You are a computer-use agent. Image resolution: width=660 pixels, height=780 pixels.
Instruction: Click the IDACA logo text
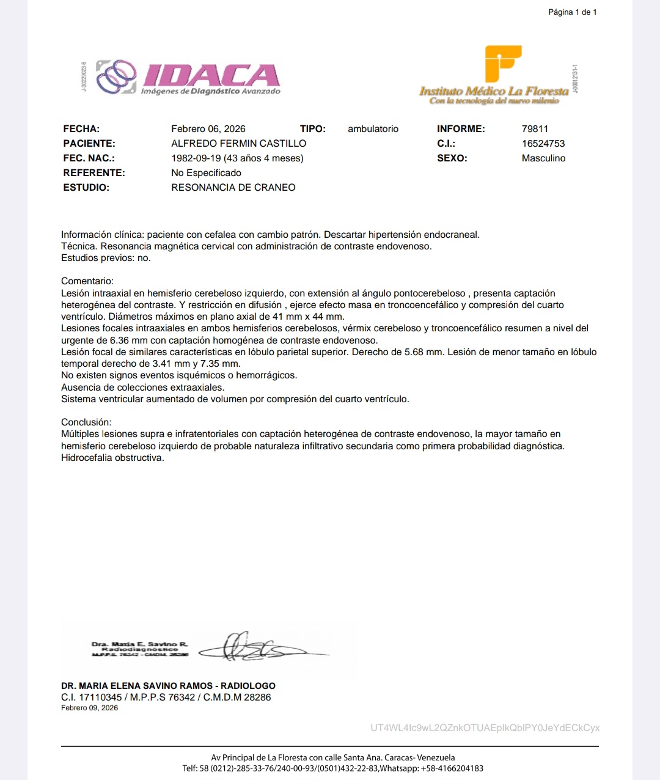click(x=211, y=75)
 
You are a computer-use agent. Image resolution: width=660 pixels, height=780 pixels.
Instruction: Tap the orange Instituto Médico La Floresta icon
click(x=502, y=63)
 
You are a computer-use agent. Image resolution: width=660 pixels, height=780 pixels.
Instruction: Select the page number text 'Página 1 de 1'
click(x=572, y=12)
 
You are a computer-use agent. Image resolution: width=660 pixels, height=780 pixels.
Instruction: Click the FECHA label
click(x=81, y=129)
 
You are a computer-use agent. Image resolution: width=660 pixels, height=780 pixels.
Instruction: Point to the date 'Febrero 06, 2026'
click(x=208, y=129)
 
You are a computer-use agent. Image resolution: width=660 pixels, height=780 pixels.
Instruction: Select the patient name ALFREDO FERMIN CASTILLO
click(x=239, y=144)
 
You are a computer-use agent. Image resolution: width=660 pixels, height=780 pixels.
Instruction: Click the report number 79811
click(x=535, y=129)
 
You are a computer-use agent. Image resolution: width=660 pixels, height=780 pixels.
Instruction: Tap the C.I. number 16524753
click(x=543, y=144)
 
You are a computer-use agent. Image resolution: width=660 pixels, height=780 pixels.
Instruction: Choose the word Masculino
click(x=543, y=158)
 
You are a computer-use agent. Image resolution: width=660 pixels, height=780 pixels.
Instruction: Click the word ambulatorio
click(x=373, y=129)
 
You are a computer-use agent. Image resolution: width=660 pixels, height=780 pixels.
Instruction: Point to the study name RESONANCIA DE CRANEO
click(x=233, y=188)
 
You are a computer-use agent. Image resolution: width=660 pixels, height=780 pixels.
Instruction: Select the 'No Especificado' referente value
click(x=206, y=173)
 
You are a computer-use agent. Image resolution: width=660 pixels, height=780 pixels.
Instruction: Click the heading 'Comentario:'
click(x=87, y=281)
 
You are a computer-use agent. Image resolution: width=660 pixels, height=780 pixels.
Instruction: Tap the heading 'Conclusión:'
click(x=86, y=422)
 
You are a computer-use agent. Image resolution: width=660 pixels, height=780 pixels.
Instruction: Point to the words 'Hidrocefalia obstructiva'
click(x=112, y=458)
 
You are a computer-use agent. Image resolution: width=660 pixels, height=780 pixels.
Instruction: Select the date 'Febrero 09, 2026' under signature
click(x=89, y=708)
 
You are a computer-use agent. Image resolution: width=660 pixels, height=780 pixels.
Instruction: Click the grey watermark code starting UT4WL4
click(x=485, y=728)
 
